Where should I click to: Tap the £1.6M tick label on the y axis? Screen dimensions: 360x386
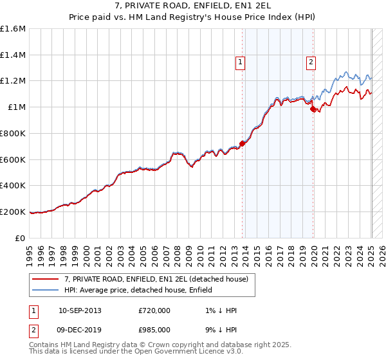[x=13, y=29]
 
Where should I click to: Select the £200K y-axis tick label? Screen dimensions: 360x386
[x=13, y=212]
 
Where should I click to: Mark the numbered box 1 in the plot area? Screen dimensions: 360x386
[x=240, y=62]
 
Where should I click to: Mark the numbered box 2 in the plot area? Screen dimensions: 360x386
[x=311, y=62]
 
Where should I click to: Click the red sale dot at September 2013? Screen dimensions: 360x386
[x=243, y=143]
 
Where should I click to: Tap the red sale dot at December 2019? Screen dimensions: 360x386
[x=313, y=109]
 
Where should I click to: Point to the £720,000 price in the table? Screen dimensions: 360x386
[x=154, y=310]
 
